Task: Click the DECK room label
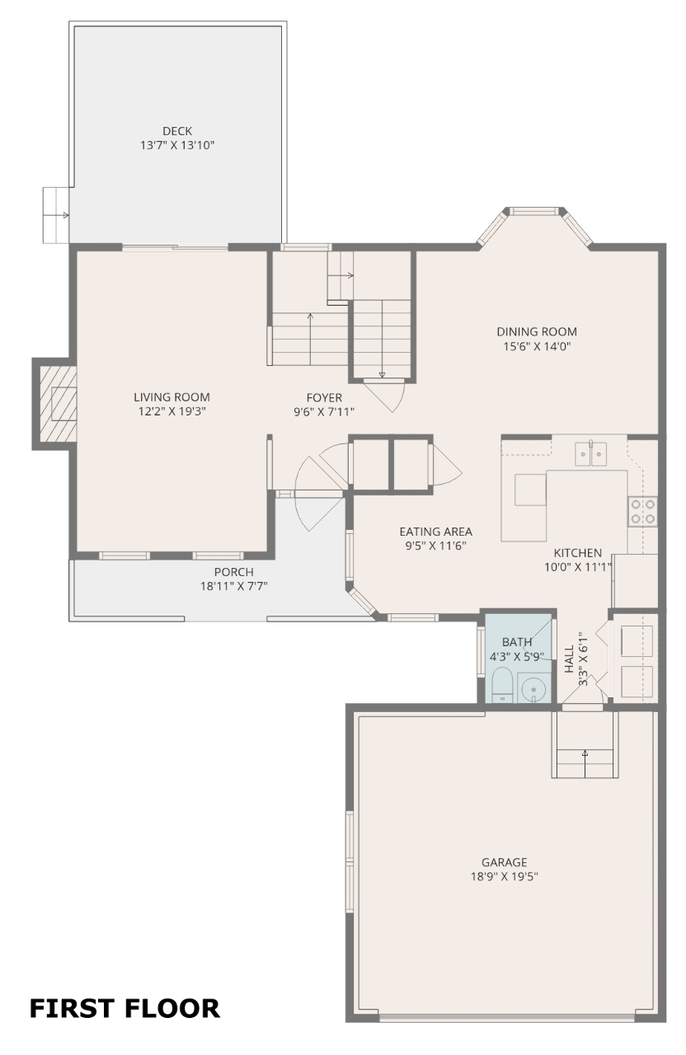click(177, 131)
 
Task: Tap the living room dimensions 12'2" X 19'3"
click(172, 411)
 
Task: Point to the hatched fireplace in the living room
click(58, 404)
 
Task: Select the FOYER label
click(324, 397)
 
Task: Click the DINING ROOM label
click(537, 331)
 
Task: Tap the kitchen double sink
click(590, 454)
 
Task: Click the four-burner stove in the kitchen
click(643, 512)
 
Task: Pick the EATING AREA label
click(436, 532)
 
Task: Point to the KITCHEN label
click(578, 553)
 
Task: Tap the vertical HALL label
click(569, 659)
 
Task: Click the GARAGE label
click(504, 862)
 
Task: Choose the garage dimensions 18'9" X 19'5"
click(504, 876)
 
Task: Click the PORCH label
click(234, 572)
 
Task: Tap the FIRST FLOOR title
click(125, 1008)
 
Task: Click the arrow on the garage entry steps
click(585, 763)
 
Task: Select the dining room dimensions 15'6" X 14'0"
click(537, 347)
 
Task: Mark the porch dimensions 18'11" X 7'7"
click(234, 586)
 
